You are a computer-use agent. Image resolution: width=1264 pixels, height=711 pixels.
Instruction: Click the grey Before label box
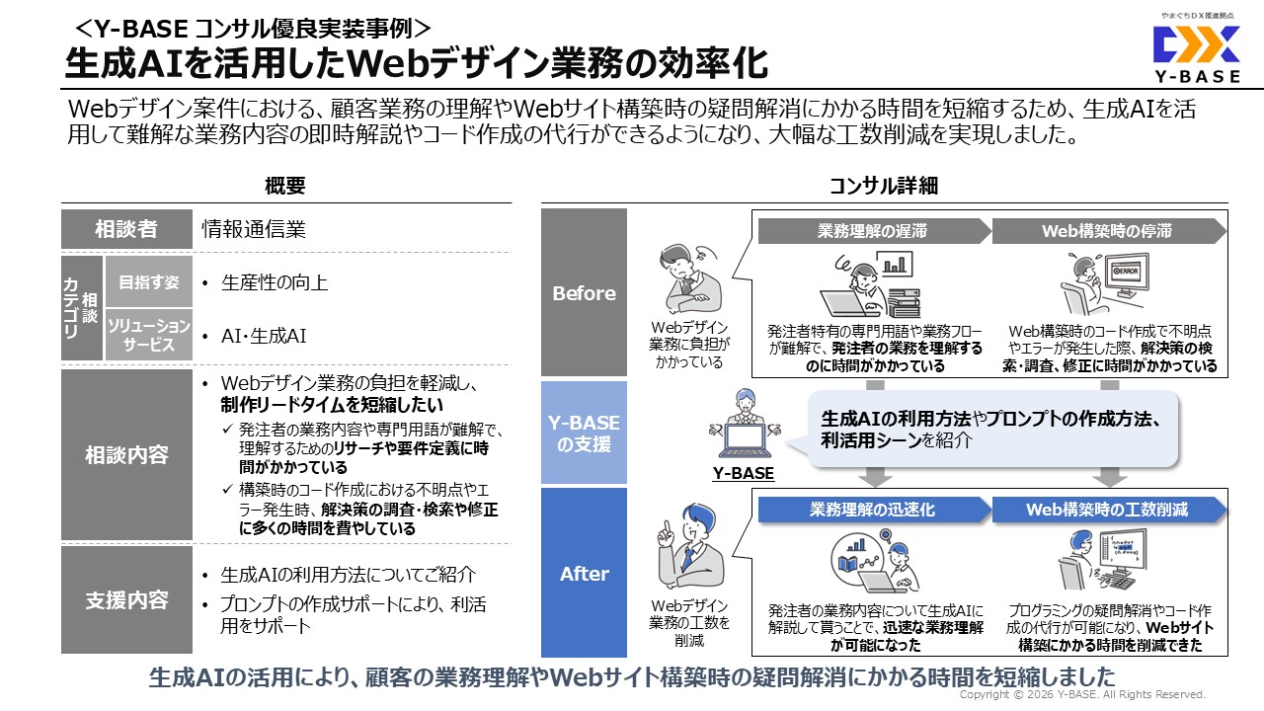coord(584,293)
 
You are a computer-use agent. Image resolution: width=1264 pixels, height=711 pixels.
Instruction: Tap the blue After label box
coord(584,574)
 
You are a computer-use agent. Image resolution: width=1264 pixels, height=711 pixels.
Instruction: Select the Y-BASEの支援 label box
coord(584,434)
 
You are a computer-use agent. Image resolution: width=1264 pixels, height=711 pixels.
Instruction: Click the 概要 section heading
coord(285,186)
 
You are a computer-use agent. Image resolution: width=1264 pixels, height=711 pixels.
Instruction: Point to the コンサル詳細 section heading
coord(883,186)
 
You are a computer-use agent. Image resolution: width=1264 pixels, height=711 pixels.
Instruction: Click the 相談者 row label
coord(126,229)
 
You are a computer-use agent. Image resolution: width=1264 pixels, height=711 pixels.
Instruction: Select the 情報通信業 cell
coord(254,229)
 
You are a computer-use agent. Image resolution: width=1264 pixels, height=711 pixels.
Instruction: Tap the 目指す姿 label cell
coord(148,282)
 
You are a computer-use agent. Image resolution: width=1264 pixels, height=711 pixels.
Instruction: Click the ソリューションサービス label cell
coord(148,336)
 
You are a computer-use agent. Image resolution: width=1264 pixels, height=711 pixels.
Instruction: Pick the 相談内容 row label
coord(126,455)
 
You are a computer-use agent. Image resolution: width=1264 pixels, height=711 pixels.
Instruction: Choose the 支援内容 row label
coord(126,600)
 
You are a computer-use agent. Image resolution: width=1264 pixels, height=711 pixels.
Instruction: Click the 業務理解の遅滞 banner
coord(872,231)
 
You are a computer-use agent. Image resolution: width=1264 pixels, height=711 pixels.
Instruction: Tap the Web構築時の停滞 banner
coord(1106,231)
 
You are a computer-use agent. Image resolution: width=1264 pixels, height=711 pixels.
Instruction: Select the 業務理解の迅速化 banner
coord(872,510)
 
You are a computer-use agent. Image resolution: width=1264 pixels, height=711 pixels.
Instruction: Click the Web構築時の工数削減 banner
coord(1106,510)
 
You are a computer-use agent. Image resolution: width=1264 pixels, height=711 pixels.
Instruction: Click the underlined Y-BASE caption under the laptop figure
coord(744,474)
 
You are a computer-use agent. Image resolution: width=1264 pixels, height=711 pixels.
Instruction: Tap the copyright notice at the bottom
coord(1082,695)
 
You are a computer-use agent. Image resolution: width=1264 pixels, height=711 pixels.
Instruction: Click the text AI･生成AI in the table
coord(264,336)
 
